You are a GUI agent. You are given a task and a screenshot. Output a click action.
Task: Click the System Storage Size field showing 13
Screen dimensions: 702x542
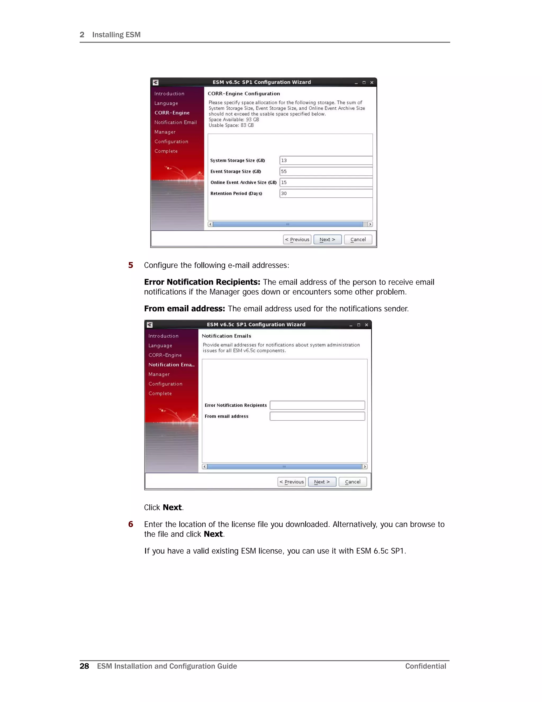coord(326,160)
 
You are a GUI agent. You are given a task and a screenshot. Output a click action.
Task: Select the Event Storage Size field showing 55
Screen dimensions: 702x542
coord(326,171)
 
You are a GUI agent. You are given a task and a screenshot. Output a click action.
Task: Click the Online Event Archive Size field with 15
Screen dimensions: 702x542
coord(326,182)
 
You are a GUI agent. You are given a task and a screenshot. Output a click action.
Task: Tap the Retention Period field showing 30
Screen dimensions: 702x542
coord(326,193)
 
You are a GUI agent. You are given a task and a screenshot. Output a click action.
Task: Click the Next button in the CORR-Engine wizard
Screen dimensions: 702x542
coord(327,239)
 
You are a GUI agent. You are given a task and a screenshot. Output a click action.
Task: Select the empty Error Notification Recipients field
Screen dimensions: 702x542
coord(317,405)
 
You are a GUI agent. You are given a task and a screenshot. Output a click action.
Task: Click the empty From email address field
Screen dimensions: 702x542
coord(317,416)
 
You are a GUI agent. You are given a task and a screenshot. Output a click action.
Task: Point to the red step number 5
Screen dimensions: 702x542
coord(131,265)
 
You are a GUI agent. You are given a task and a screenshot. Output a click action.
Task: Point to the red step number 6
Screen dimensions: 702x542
coord(131,524)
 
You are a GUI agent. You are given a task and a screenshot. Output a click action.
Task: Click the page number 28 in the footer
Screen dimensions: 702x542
coord(84,666)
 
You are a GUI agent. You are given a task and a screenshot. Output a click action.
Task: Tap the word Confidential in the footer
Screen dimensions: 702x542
coord(426,666)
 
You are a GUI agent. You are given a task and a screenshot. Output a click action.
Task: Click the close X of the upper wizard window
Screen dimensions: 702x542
coord(372,83)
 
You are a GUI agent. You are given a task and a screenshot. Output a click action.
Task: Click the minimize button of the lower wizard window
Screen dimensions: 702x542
coord(351,325)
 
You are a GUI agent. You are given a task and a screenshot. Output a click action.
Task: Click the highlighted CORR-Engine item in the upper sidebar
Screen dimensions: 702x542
coord(172,113)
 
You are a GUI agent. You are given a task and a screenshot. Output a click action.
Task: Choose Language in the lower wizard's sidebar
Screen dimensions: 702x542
coord(160,345)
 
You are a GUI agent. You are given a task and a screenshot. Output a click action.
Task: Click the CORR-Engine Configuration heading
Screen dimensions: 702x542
coord(244,94)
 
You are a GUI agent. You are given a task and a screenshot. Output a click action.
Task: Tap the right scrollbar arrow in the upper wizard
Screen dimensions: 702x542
coord(370,224)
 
